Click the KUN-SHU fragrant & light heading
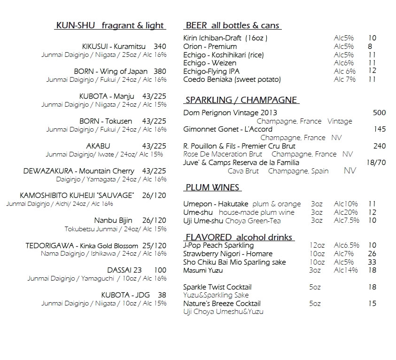tap(109, 25)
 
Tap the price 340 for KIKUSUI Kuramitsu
tap(160, 47)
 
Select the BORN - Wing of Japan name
tap(110, 71)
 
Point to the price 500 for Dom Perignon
tap(379, 113)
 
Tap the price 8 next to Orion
tap(370, 47)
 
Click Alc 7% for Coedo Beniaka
tap(345, 79)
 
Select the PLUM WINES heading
tap(212, 188)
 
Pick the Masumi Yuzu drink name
tap(203, 270)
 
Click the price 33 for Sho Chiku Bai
tap(372, 262)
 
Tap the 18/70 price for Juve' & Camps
tap(376, 163)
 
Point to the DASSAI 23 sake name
tap(122, 270)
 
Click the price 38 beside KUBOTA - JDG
tap(162, 295)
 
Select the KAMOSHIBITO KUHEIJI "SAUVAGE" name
tap(77, 196)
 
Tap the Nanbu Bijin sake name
tap(113, 220)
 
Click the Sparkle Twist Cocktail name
tap(217, 287)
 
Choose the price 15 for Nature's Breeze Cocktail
tap(372, 304)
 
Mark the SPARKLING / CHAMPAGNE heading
tap(241, 100)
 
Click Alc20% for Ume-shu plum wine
tap(346, 212)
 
